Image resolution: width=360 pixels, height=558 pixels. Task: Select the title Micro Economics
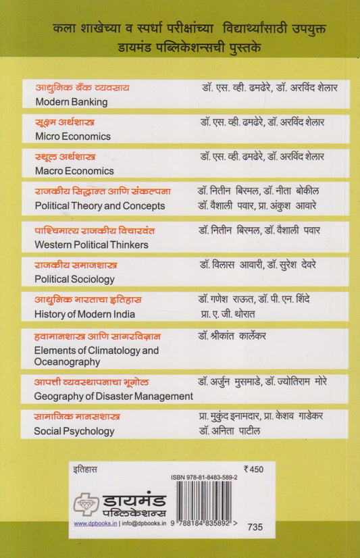coord(72,136)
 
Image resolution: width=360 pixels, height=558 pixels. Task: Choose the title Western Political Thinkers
coord(91,244)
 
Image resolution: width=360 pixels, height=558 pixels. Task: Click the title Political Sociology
coord(74,278)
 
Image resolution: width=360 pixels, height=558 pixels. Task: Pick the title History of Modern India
coord(84,313)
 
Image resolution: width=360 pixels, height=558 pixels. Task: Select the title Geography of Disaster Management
coord(113,396)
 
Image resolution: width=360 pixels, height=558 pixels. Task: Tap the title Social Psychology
coord(74,431)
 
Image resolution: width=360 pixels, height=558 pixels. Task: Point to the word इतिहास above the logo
coord(86,467)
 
